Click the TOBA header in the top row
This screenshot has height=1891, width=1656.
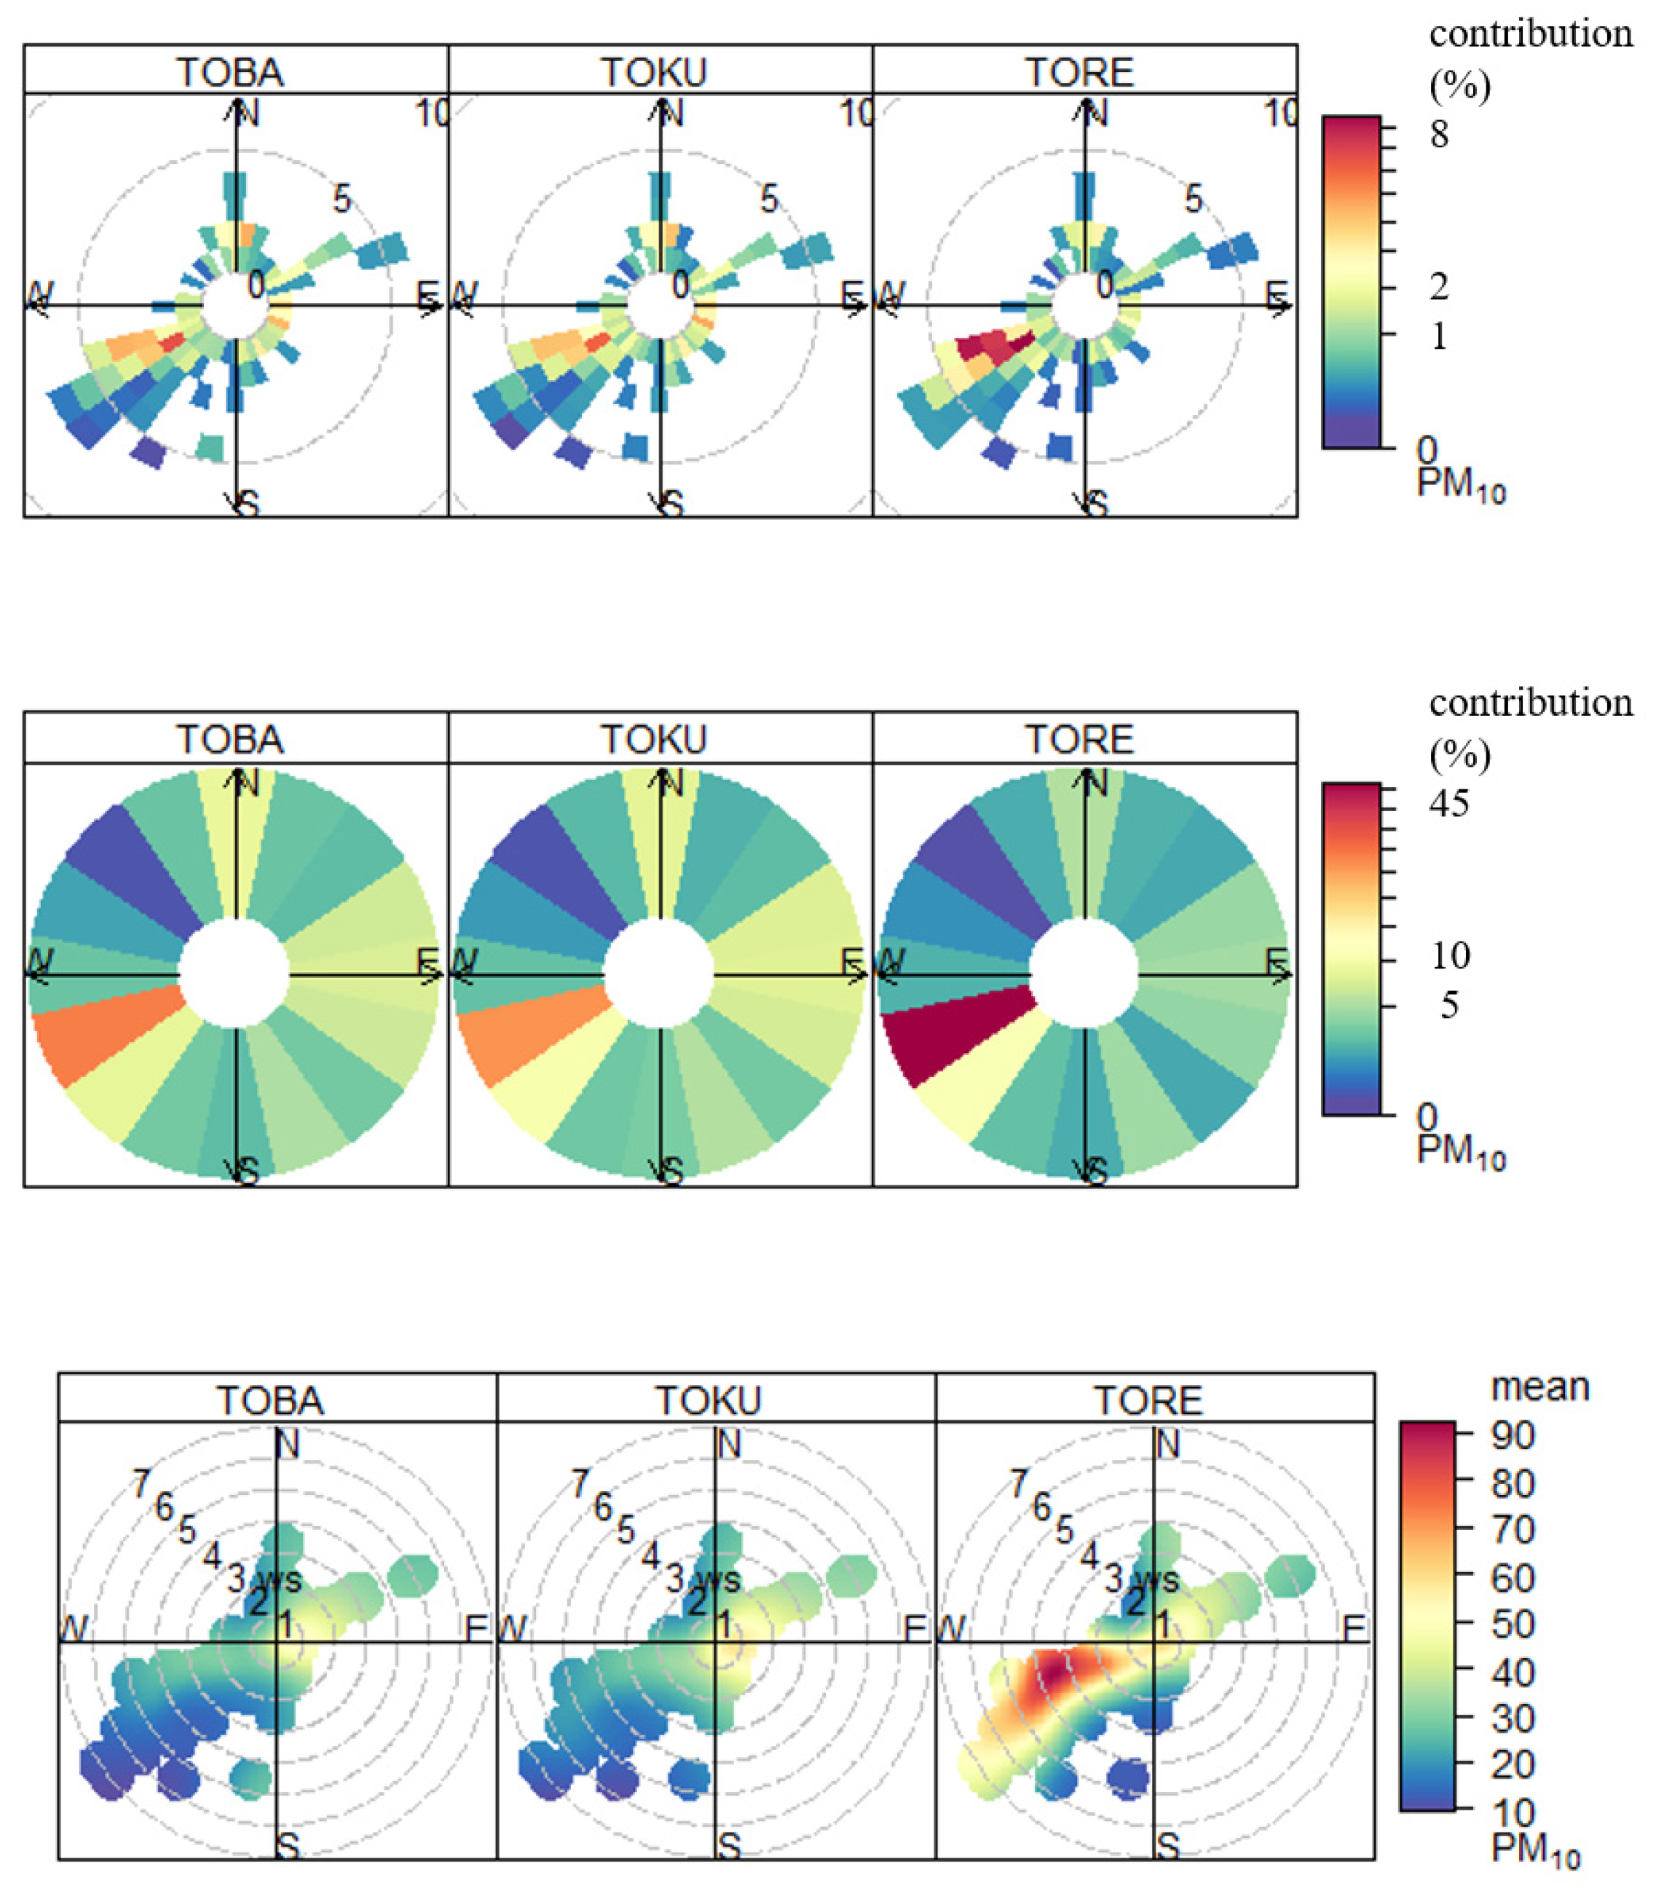click(230, 72)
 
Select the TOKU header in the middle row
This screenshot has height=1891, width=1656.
click(654, 739)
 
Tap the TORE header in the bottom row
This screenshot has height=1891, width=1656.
click(1148, 1400)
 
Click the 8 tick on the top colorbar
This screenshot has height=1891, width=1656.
click(1439, 135)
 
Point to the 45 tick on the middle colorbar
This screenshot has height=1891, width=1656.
click(1448, 804)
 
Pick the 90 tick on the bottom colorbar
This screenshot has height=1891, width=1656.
click(1513, 1434)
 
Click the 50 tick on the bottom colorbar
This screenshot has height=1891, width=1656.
click(1513, 1624)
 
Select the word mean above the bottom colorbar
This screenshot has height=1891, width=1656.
click(1539, 1386)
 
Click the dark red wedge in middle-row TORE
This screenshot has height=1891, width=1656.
click(952, 1035)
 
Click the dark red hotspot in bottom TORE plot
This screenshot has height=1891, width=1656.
click(1058, 1667)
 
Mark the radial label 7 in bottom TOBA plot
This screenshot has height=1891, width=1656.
click(141, 1485)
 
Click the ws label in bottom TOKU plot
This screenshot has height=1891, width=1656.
click(717, 1579)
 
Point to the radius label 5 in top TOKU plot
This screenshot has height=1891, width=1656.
click(769, 199)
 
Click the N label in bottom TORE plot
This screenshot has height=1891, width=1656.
click(1168, 1444)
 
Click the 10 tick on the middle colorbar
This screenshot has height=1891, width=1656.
click(1450, 955)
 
